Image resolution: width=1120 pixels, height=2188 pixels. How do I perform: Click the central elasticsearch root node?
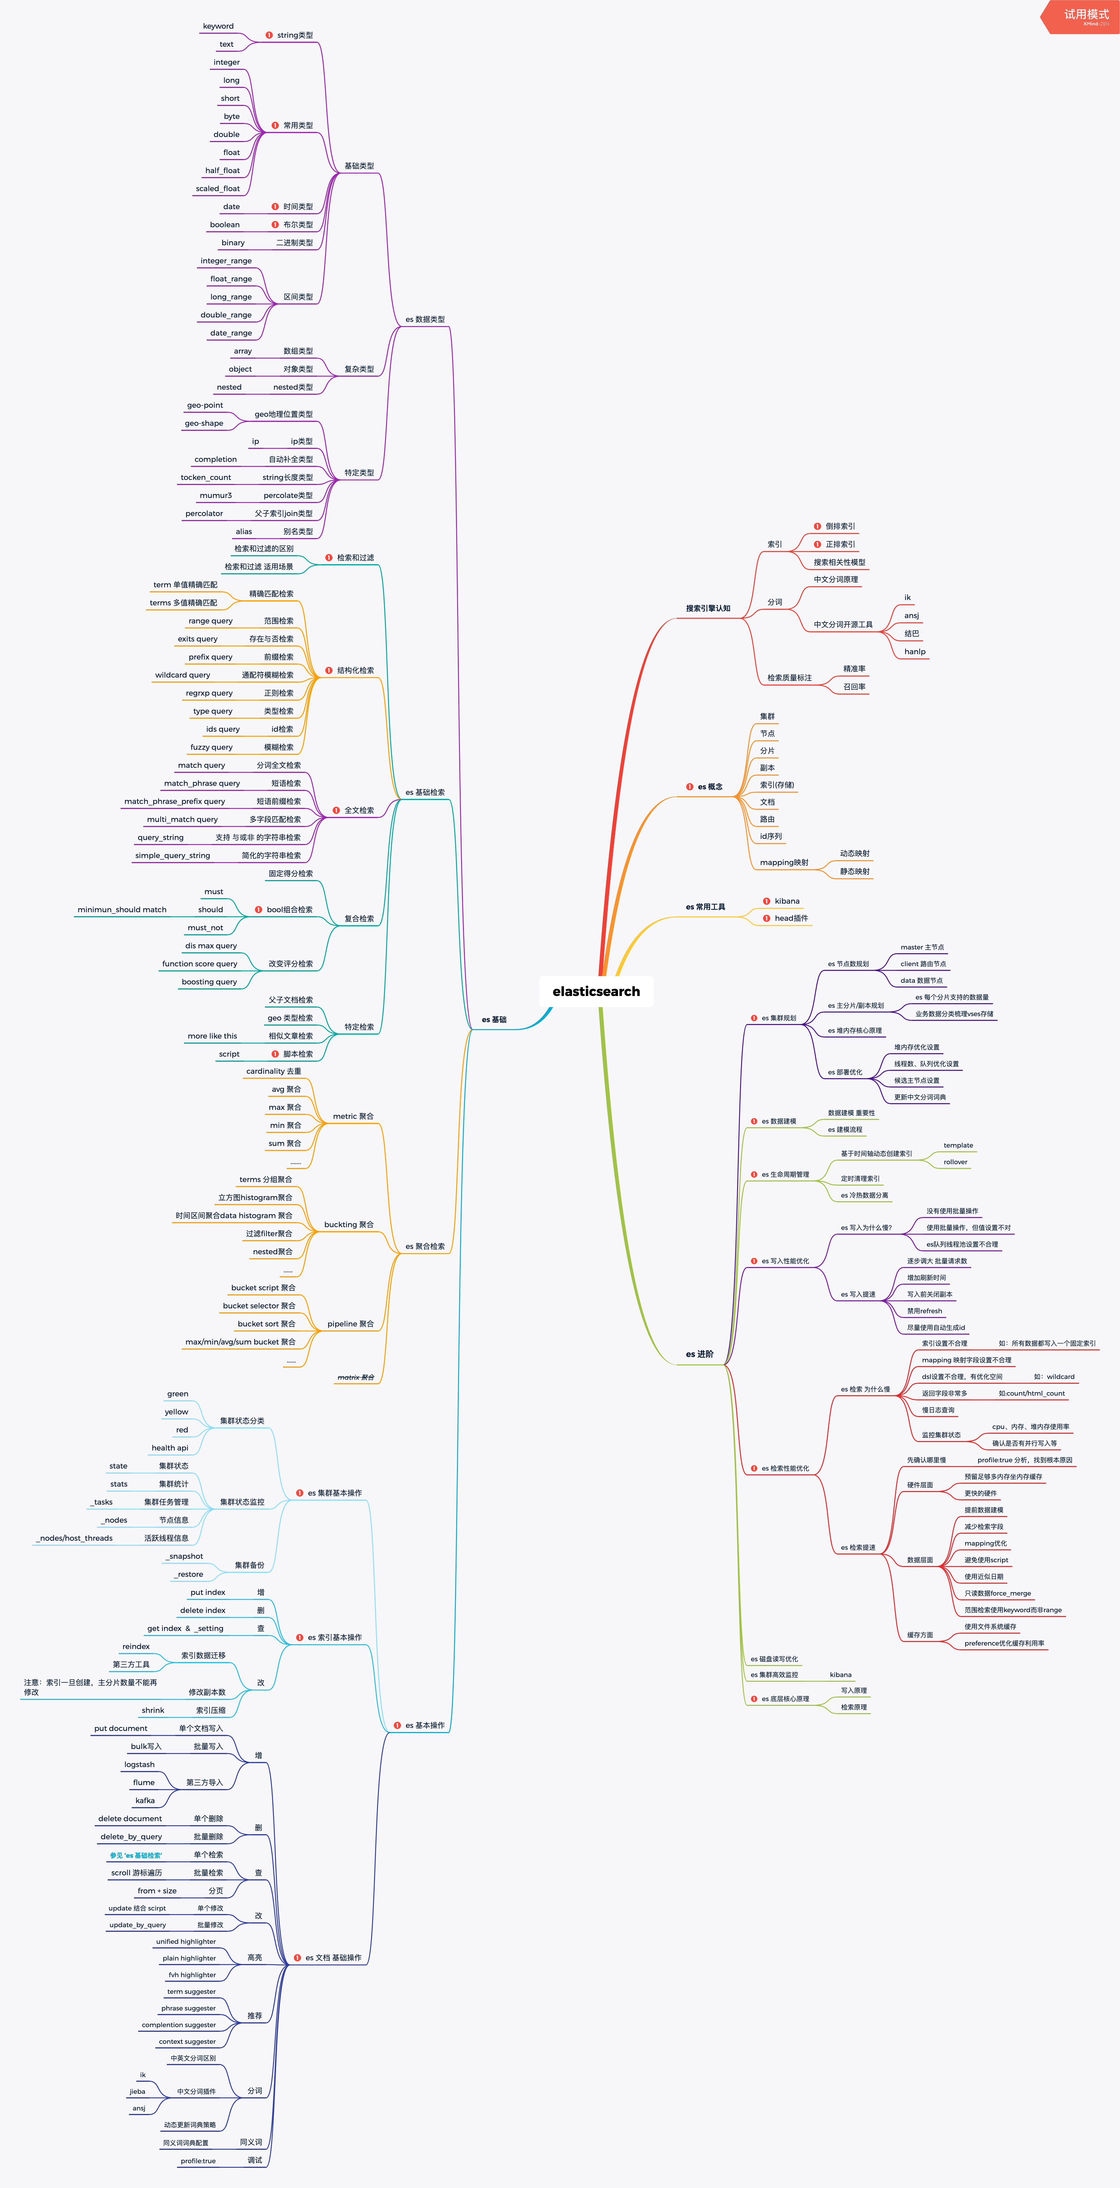pos(596,991)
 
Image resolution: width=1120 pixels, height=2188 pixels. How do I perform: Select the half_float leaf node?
pos(223,171)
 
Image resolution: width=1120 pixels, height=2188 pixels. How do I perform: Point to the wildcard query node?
pos(183,675)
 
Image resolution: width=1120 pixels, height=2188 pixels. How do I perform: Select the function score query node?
pos(199,964)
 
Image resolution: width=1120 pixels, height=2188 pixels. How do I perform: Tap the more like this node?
pos(212,1036)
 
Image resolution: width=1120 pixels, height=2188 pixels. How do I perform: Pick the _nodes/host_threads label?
pos(75,1538)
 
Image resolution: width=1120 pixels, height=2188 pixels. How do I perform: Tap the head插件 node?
pos(791,918)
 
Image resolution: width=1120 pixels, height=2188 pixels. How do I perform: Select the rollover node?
pos(955,1162)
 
